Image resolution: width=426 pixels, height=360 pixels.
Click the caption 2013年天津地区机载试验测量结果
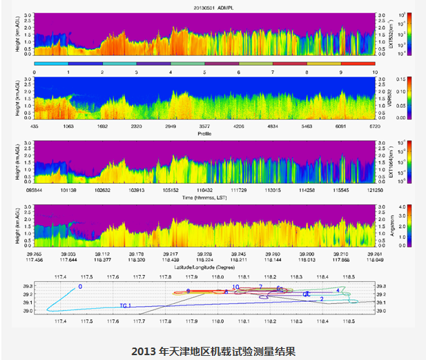coord(213,351)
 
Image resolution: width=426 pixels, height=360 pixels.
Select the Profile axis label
coord(204,133)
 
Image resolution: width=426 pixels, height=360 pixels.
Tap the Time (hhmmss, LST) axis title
coord(204,197)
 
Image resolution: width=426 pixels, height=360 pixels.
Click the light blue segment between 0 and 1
coord(51,64)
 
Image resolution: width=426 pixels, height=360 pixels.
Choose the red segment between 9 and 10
coord(357,64)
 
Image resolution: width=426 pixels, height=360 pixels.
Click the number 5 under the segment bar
coord(204,71)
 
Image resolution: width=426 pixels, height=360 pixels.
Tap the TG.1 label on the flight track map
coord(125,305)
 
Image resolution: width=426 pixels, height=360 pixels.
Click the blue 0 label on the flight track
coord(80,286)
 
